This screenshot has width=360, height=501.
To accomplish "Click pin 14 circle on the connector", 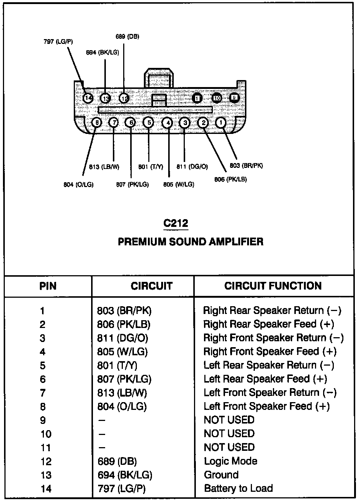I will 88,98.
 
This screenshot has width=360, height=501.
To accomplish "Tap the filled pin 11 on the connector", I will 197,98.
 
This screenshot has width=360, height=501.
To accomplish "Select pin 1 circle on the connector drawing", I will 221,122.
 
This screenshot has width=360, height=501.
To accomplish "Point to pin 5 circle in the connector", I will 148,122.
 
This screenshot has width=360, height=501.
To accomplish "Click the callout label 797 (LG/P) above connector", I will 58,42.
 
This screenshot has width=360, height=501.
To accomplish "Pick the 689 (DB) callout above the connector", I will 127,37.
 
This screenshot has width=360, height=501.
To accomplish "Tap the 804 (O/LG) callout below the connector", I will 79,184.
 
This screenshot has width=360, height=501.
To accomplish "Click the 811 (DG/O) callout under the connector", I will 192,167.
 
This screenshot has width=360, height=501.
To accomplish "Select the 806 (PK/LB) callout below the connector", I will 231,179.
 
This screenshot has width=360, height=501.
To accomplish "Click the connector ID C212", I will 176,223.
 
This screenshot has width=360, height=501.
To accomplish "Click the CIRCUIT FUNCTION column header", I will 273,286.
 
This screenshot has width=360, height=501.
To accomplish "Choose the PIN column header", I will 48,286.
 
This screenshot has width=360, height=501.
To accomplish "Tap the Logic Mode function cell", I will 231,461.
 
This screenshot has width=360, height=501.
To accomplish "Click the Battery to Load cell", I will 238,488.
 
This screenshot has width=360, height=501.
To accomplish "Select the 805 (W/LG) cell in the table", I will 122,352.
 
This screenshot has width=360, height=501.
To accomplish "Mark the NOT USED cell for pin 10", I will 229,433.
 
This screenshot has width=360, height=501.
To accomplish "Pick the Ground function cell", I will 221,475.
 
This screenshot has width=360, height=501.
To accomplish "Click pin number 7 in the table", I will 43,393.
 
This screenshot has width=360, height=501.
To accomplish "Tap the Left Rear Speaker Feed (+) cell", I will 265,379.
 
